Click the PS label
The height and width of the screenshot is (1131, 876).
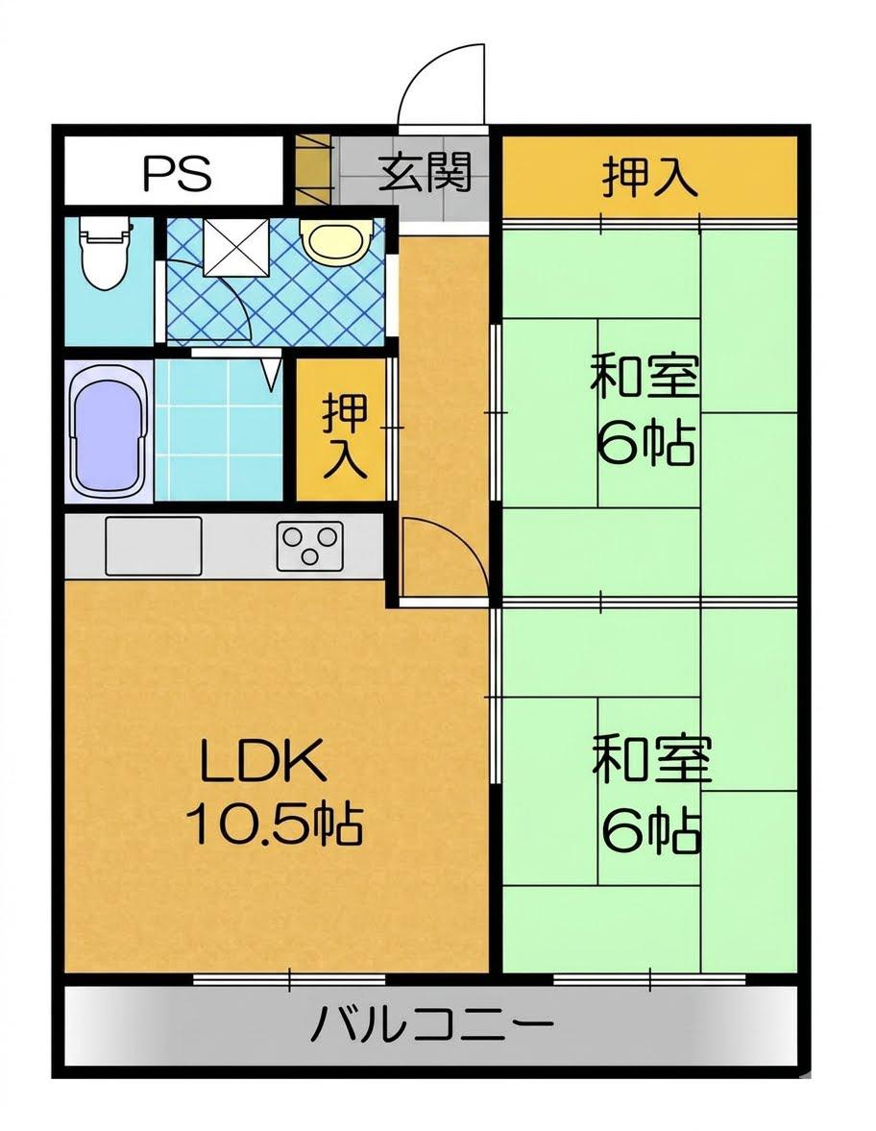click(178, 172)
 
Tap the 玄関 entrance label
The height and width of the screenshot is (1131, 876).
click(426, 172)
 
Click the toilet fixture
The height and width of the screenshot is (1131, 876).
click(107, 253)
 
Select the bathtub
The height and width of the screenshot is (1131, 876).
click(109, 430)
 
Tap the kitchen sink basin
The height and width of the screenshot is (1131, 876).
click(154, 546)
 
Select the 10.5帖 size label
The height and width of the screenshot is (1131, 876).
click(274, 823)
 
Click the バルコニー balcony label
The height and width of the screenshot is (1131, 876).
click(431, 1024)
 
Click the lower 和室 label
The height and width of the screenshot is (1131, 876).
click(652, 759)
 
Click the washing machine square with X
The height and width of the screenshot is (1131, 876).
click(235, 246)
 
